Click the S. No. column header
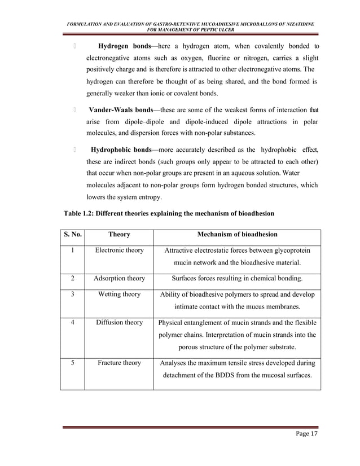pos(72,234)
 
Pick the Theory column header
pos(119,234)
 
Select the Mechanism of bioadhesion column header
pos(237,234)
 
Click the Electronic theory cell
pos(119,250)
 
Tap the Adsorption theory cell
pos(119,278)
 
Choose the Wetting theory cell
pos(119,294)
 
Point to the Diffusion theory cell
pos(119,323)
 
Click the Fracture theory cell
pos(119,363)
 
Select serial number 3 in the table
pos(72,294)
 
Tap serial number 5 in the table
pos(72,363)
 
